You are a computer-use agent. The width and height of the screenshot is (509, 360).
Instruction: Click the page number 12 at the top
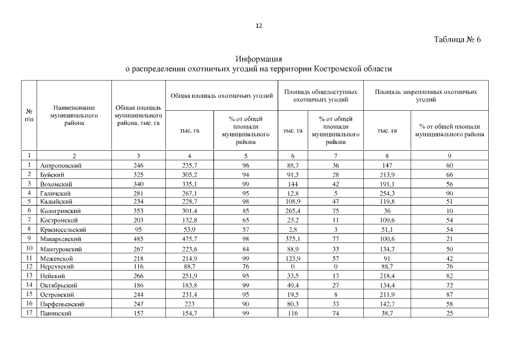pos(259,25)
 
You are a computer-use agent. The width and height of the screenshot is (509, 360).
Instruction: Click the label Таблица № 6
pos(458,40)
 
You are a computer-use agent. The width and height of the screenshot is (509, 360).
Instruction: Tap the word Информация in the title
pos(258,59)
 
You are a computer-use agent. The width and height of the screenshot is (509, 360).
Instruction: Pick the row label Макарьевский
pos(60,239)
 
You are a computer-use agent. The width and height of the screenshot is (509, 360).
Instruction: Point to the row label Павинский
pos(56,313)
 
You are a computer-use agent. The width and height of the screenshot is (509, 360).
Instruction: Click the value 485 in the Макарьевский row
pos(138,239)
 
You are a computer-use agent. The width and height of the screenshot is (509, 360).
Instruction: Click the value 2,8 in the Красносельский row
pos(292,230)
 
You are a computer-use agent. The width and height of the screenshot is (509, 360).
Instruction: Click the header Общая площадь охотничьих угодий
pos(222,96)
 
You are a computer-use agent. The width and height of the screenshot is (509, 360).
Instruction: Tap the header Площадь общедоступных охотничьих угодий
pos(321,96)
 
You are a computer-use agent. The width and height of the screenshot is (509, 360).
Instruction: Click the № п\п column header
pos(29,115)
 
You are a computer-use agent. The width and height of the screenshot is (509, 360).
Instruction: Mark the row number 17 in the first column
pos(29,313)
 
